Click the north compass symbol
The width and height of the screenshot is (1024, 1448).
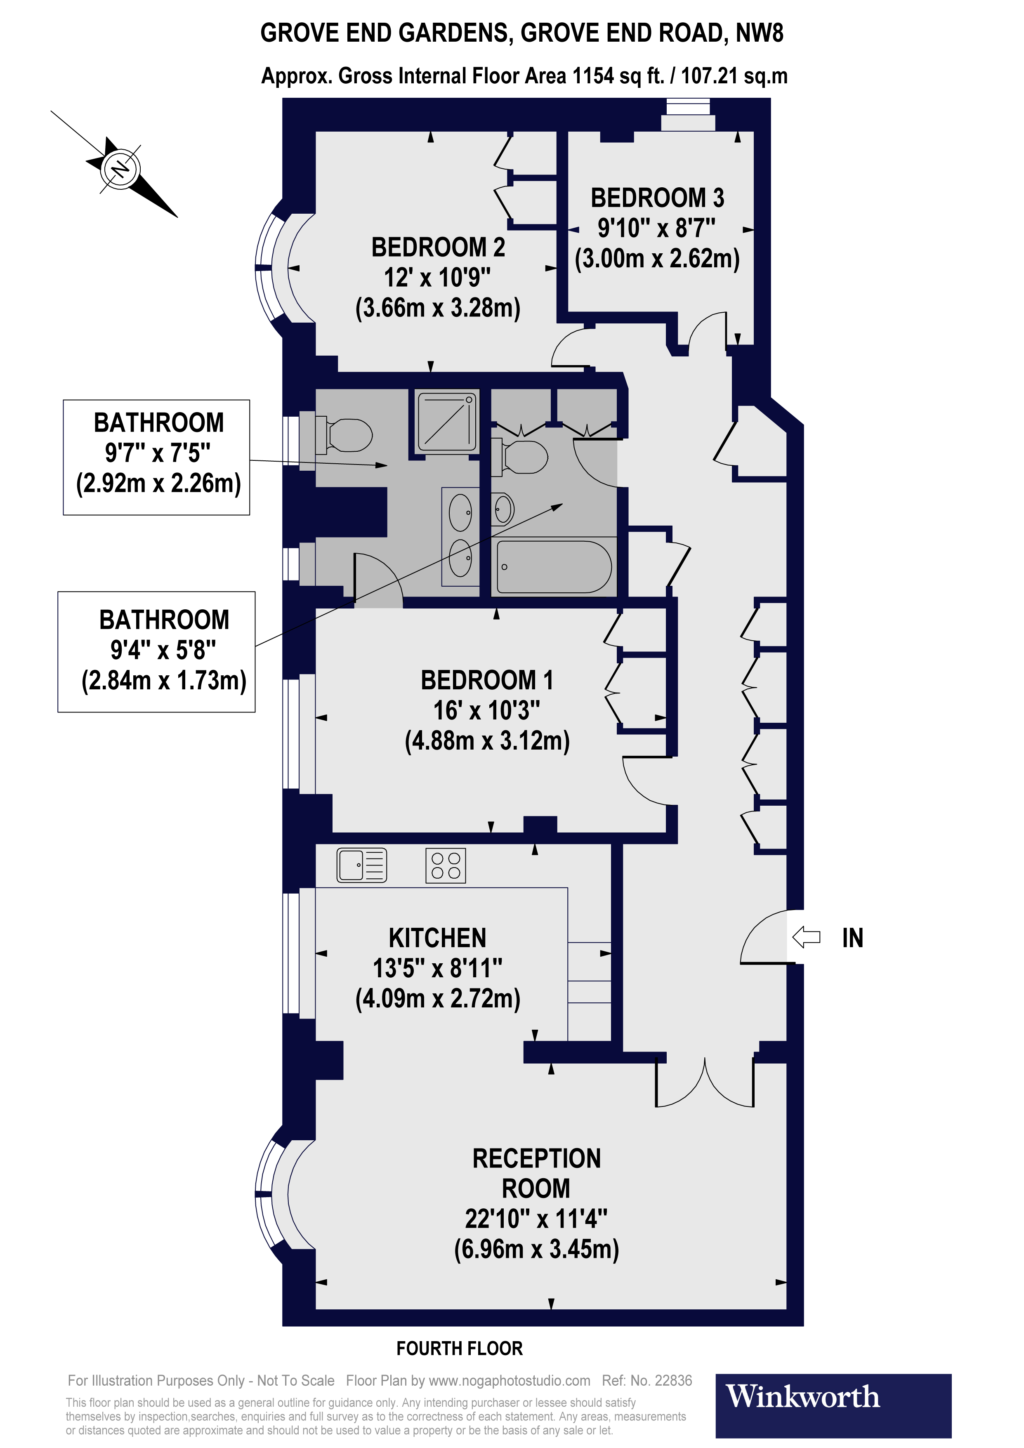[x=120, y=169]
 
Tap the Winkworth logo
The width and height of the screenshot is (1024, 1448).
[x=833, y=1406]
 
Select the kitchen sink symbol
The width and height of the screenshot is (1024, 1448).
[x=361, y=865]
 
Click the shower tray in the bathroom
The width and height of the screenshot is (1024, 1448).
[x=447, y=421]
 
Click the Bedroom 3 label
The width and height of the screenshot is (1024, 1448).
[x=657, y=198]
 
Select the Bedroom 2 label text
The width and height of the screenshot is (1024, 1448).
[x=438, y=247]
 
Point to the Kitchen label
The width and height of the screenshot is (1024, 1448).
[x=438, y=938]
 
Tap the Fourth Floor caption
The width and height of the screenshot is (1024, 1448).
[x=460, y=1348]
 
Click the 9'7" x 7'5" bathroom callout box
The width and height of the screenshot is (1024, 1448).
[x=156, y=457]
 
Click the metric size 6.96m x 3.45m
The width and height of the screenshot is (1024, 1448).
[x=537, y=1249]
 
